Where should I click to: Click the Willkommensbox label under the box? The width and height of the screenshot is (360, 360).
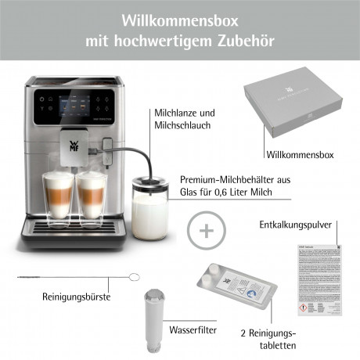[x=300, y=155]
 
